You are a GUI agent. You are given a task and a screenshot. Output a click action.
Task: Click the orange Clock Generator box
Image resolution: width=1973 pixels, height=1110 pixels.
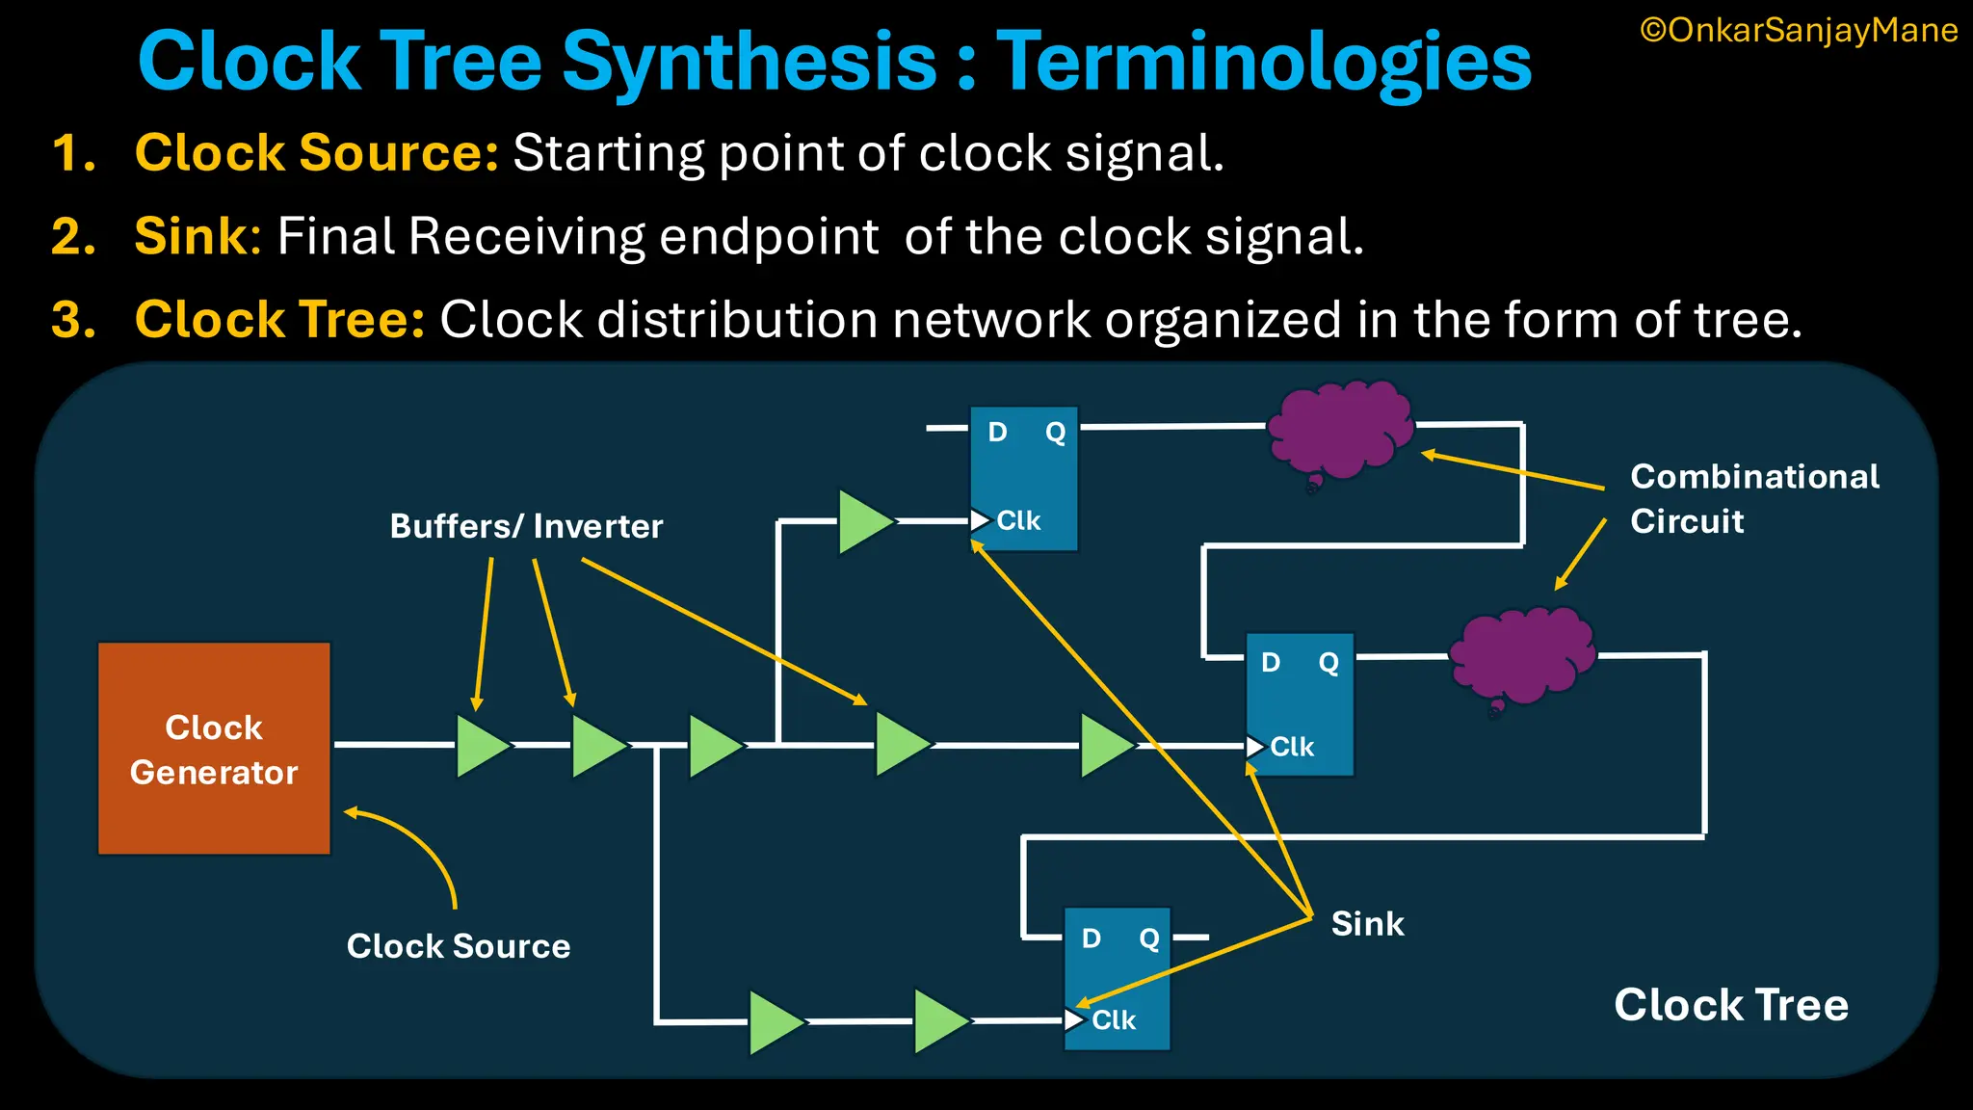pyautogui.click(x=214, y=749)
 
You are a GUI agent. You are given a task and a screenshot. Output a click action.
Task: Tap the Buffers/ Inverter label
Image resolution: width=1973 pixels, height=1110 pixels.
pyautogui.click(x=526, y=526)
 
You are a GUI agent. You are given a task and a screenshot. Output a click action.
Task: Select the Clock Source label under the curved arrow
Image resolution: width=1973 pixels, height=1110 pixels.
pyautogui.click(x=458, y=946)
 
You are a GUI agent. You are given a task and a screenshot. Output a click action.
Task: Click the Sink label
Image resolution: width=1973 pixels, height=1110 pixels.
pyautogui.click(x=1367, y=924)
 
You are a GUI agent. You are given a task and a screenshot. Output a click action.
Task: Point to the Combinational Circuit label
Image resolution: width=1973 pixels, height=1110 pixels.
pyautogui.click(x=1753, y=498)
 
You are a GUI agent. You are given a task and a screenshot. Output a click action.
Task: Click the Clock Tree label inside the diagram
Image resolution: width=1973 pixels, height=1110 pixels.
pyautogui.click(x=1730, y=1005)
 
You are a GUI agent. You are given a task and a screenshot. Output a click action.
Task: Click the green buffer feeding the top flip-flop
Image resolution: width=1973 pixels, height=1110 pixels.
pyautogui.click(x=863, y=521)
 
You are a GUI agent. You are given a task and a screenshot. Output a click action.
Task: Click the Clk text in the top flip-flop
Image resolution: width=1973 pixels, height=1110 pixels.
pyautogui.click(x=1018, y=521)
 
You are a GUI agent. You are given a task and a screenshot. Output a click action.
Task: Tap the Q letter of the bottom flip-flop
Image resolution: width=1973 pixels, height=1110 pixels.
pyautogui.click(x=1148, y=938)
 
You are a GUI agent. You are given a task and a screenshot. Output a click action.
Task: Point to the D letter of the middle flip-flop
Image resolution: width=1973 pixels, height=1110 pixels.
pyautogui.click(x=1271, y=662)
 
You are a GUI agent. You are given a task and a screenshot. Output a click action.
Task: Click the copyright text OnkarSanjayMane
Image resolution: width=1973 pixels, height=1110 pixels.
pyautogui.click(x=1799, y=31)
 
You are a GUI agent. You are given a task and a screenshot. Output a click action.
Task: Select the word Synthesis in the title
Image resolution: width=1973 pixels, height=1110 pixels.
pyautogui.click(x=749, y=62)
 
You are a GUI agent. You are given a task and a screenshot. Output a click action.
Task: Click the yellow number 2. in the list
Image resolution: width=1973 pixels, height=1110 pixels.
pyautogui.click(x=74, y=236)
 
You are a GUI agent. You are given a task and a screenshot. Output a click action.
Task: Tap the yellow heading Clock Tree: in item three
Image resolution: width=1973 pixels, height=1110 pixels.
pyautogui.click(x=279, y=320)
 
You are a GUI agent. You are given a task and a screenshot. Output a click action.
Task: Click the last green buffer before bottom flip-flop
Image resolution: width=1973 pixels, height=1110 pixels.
pyautogui.click(x=939, y=1021)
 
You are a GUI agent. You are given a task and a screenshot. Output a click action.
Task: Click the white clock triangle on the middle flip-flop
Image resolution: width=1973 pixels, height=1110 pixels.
pyautogui.click(x=1254, y=747)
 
